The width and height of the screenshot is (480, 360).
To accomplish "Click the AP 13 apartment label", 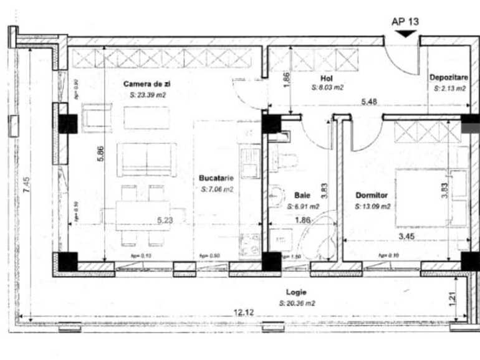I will (x=405, y=21).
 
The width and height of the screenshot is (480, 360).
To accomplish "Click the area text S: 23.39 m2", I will (x=148, y=96).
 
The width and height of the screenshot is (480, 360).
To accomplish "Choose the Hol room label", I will (x=325, y=78).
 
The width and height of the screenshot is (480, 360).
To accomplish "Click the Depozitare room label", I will (x=448, y=78).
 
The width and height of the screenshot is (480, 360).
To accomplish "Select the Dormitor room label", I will (x=372, y=195).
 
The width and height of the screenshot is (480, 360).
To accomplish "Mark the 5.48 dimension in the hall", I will (x=373, y=100).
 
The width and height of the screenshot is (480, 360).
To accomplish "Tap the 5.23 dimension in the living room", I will (x=165, y=220).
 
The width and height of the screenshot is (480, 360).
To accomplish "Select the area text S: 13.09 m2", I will (x=373, y=206).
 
